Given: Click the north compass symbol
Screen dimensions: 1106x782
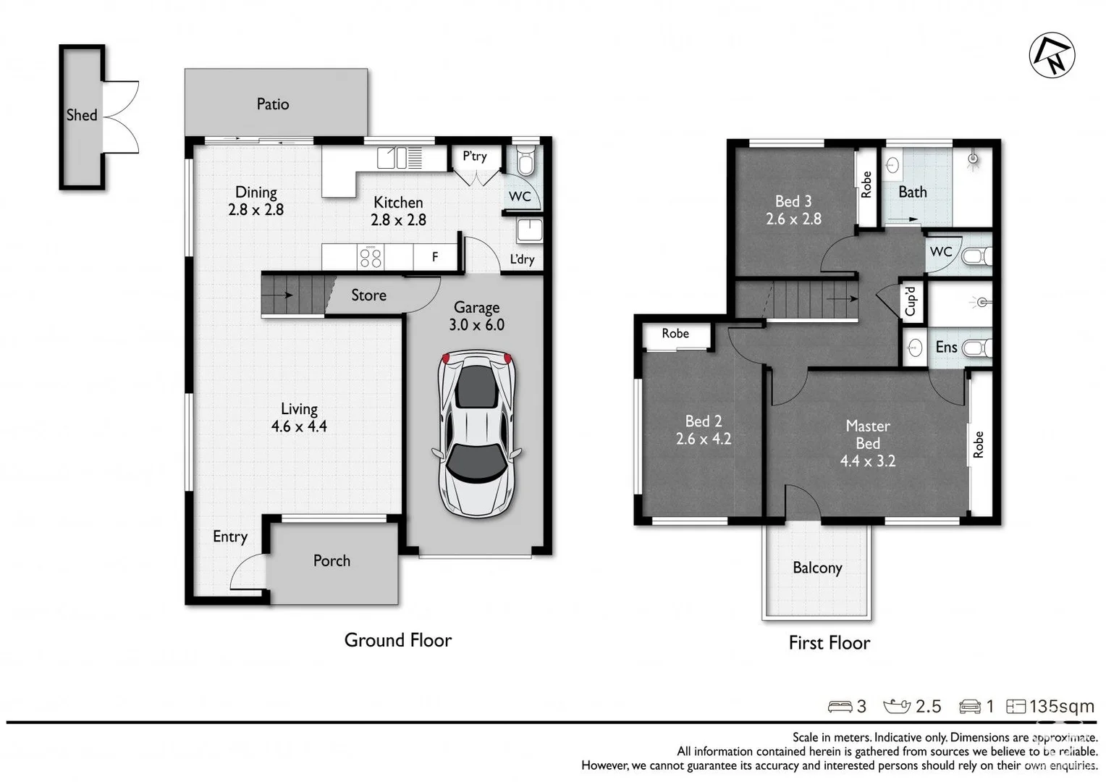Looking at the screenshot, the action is point(1052,55).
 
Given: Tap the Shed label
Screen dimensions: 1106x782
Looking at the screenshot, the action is point(82,115).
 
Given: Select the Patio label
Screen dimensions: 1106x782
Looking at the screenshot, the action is point(273,104).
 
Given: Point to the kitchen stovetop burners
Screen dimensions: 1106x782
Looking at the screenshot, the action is point(371,257).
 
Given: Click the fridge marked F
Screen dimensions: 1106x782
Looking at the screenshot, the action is point(435,257).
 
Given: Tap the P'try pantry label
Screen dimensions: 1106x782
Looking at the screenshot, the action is point(475,156).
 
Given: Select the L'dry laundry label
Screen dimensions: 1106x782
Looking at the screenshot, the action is point(522,259).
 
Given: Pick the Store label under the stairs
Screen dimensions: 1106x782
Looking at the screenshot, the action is point(368,295).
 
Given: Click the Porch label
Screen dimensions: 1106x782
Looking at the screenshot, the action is point(332,560).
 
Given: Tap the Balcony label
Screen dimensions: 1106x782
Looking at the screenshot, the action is point(817,568).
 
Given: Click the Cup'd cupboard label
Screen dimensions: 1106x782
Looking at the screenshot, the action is point(911,300).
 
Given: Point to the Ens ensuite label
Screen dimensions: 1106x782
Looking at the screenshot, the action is point(946,347).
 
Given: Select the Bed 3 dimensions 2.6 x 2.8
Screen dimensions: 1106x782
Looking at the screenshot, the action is point(793,219).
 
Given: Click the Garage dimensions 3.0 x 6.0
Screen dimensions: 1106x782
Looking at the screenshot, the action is point(476,324).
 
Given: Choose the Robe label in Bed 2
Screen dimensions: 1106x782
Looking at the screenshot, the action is point(675,334).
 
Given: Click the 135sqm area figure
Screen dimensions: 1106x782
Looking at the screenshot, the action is point(1062,707).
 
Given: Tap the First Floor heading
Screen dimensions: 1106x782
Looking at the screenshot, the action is point(829,643).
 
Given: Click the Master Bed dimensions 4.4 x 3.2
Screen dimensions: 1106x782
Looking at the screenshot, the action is point(868,461).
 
